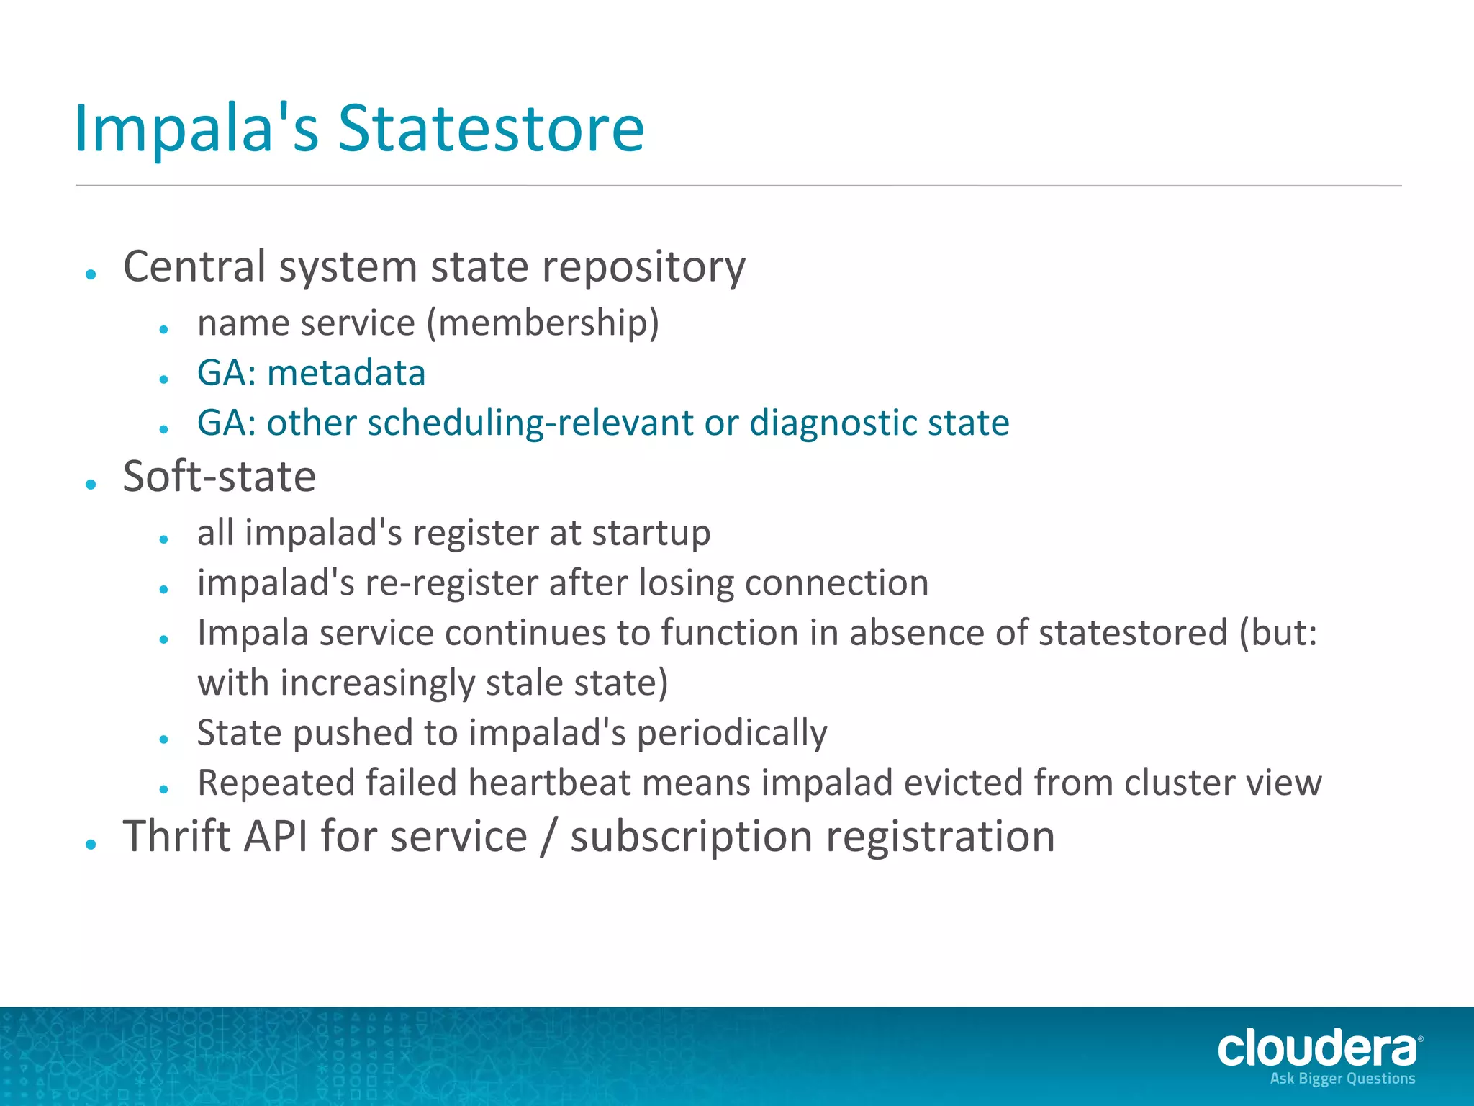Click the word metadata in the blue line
coord(346,373)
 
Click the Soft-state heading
coord(220,477)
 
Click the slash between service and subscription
coord(548,838)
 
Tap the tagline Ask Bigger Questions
coord(1342,1079)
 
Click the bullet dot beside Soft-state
coord(91,485)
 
